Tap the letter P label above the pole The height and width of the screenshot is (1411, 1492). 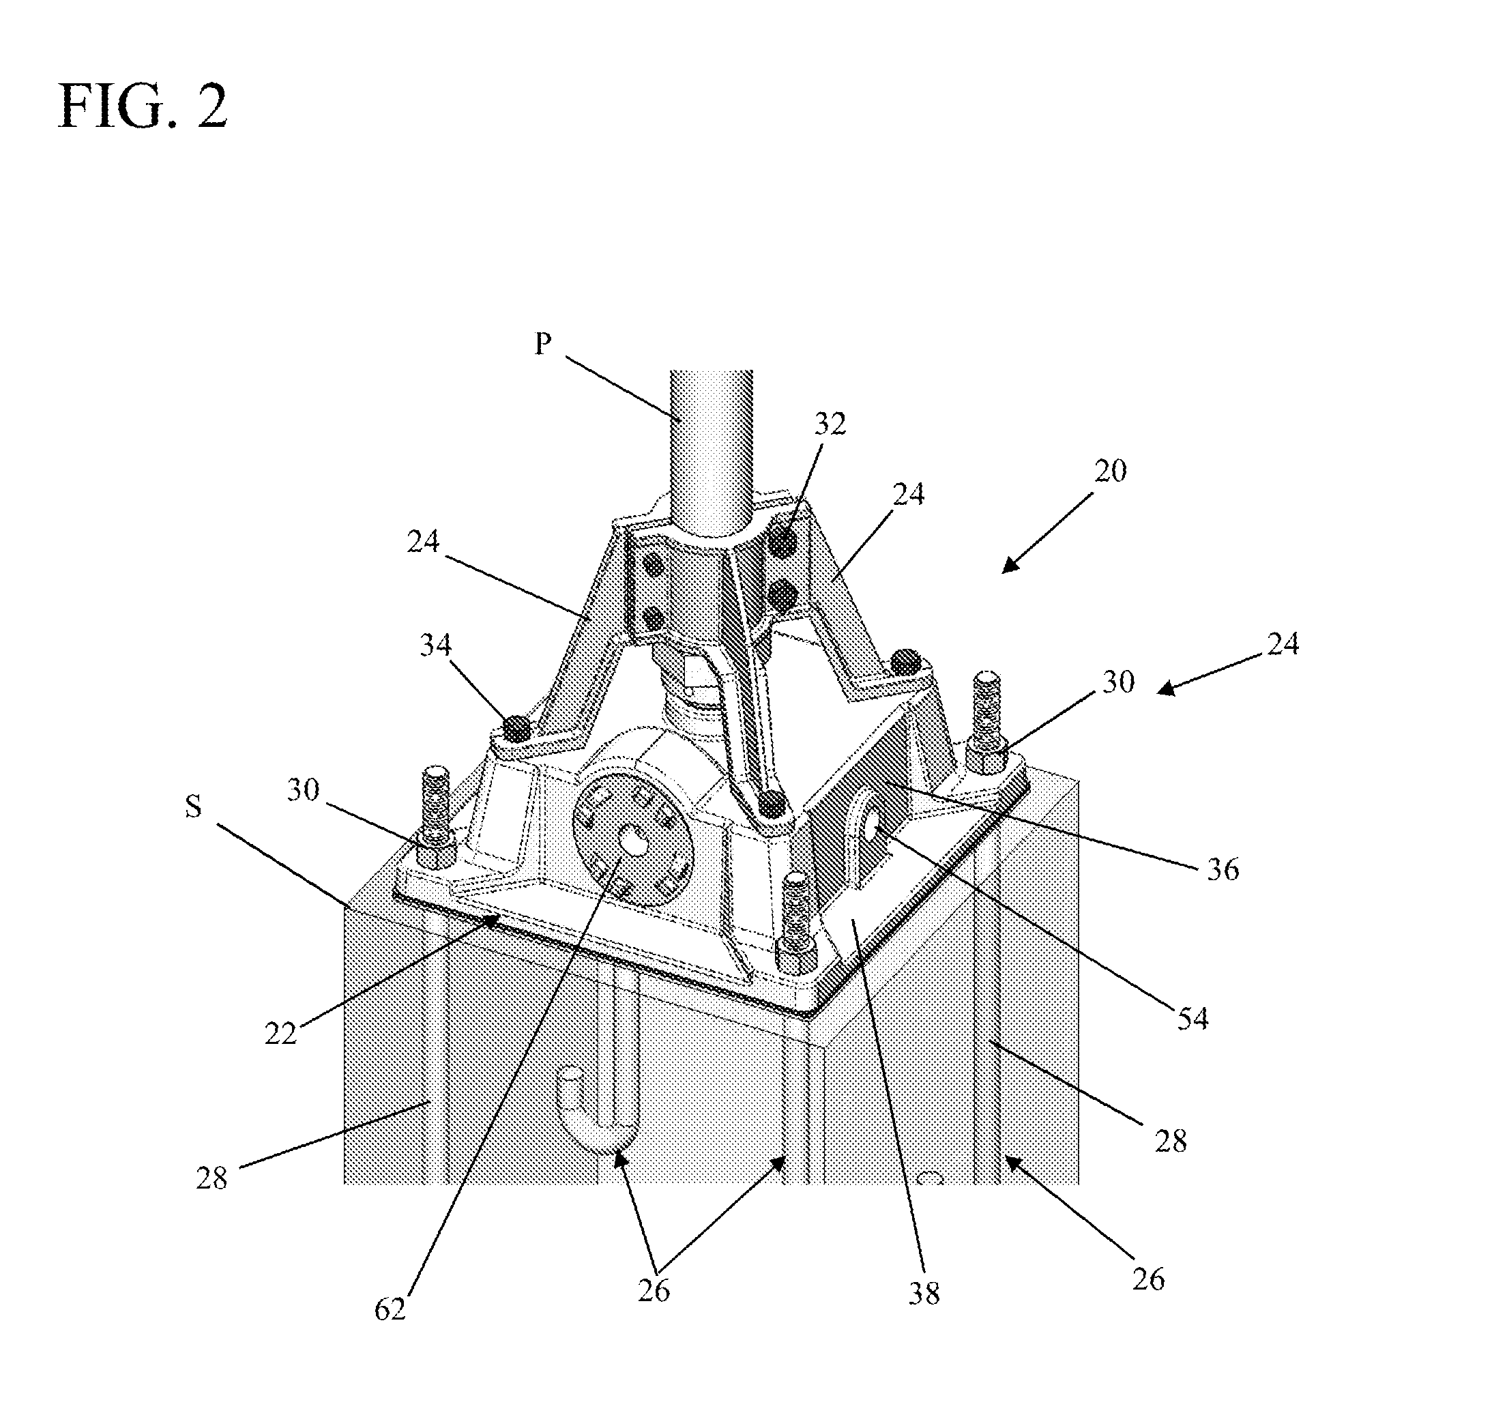click(543, 344)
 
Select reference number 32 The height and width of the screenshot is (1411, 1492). click(830, 424)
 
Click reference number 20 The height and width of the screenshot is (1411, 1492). click(1111, 471)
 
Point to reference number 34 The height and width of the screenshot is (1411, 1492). click(435, 645)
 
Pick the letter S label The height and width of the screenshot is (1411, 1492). click(193, 807)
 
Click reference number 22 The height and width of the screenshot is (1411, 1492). click(281, 1034)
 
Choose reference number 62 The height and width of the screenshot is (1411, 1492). click(390, 1309)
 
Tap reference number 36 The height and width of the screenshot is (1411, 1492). click(1223, 869)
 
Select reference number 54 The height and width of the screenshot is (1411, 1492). click(1193, 1019)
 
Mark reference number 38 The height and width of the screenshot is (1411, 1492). click(924, 1294)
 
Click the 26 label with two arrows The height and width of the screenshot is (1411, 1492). click(654, 1291)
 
